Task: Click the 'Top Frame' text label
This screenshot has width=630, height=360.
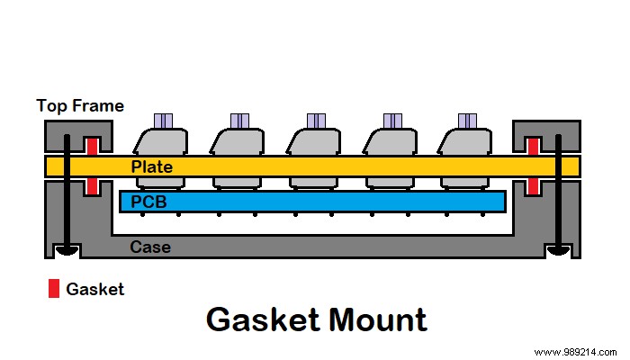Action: (79, 106)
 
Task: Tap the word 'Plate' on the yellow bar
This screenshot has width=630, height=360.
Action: (151, 167)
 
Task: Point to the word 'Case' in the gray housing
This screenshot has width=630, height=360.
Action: (148, 247)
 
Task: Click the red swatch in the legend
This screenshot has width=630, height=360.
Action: (54, 289)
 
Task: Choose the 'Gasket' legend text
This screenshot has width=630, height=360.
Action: (95, 289)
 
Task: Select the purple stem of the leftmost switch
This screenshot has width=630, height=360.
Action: (162, 121)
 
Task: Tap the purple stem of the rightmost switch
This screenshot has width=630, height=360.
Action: (467, 121)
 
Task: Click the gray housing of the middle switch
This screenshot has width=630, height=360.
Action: (314, 142)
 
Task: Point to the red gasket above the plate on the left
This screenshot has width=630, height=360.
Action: (91, 146)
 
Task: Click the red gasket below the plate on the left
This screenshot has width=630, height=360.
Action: (91, 185)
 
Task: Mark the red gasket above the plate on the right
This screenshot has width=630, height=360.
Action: (533, 146)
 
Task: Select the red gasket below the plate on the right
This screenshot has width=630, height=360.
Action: (533, 185)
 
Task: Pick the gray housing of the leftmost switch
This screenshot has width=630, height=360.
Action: (161, 142)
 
